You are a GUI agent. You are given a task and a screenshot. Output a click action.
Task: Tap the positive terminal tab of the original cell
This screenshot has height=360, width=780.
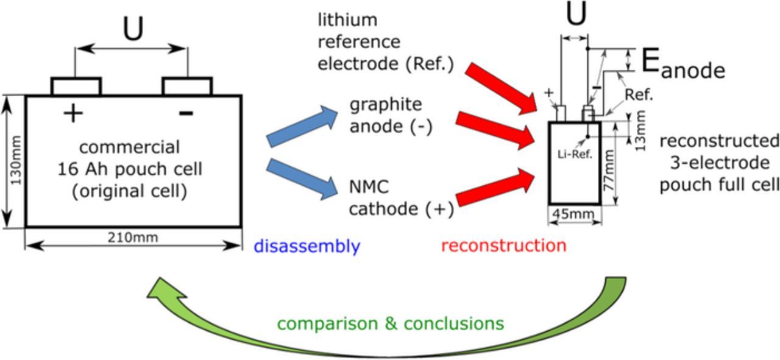click(x=76, y=86)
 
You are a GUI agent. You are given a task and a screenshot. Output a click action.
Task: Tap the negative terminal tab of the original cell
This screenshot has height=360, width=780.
click(x=187, y=86)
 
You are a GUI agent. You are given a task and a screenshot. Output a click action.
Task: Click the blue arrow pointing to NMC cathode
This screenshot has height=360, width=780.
click(x=302, y=178)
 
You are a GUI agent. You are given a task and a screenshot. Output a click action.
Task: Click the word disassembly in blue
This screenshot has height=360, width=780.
click(x=307, y=247)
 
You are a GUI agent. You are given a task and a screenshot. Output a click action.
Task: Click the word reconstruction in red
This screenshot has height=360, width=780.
click(x=503, y=245)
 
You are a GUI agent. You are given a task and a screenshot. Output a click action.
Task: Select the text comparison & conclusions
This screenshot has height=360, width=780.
click(x=390, y=323)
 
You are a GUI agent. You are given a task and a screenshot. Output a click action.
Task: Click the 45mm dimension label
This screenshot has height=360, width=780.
click(x=575, y=214)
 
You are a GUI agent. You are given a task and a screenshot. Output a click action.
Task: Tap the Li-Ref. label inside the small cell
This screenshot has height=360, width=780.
click(x=575, y=154)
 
